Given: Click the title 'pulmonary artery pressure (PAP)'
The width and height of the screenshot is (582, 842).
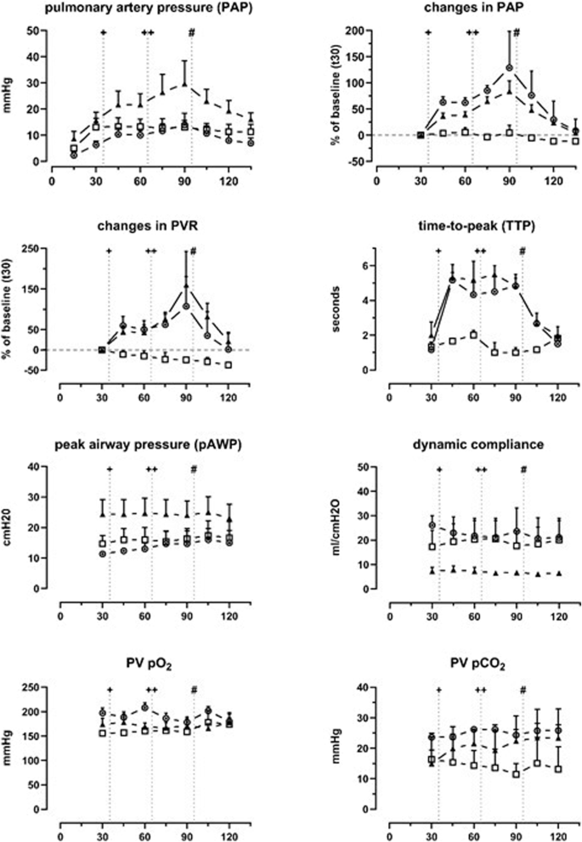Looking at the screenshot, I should coord(145,10).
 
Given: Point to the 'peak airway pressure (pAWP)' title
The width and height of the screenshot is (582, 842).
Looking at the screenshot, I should coord(150,445).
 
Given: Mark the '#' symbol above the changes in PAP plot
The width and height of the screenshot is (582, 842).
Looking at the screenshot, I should coord(516,32).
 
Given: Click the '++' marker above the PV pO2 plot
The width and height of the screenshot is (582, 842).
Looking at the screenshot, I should coord(151,690).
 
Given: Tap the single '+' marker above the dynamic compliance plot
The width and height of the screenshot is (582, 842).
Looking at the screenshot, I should coord(439,469).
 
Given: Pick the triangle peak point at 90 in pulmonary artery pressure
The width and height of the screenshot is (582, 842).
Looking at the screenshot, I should coord(184,83).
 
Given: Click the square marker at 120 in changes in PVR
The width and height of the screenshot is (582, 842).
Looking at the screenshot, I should coord(229,364).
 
